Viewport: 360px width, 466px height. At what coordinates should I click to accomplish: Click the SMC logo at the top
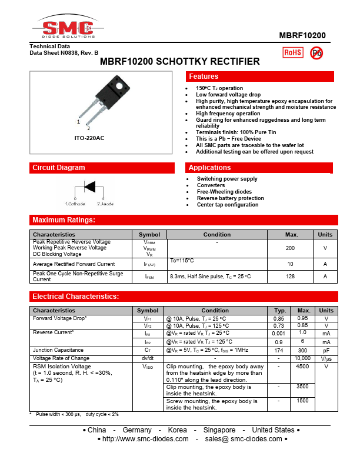pyautogui.click(x=65, y=27)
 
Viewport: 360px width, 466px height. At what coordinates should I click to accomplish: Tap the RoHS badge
pyautogui.click(x=292, y=52)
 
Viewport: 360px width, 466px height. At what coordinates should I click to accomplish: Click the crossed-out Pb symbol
pyautogui.click(x=316, y=52)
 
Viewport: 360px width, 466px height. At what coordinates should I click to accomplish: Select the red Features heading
pyautogui.click(x=204, y=76)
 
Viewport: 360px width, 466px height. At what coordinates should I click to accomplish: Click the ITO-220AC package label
pyautogui.click(x=89, y=138)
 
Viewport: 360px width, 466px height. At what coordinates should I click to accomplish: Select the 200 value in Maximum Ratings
pyautogui.click(x=290, y=248)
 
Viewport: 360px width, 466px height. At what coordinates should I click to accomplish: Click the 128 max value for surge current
pyautogui.click(x=290, y=276)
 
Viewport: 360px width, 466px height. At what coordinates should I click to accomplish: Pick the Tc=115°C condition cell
pyautogui.click(x=182, y=260)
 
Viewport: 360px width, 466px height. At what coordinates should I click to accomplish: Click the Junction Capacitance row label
pyautogui.click(x=58, y=350)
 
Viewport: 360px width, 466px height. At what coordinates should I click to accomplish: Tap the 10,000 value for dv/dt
pyautogui.click(x=302, y=358)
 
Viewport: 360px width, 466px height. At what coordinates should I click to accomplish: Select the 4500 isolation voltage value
pyautogui.click(x=302, y=367)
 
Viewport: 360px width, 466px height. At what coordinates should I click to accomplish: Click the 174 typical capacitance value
pyautogui.click(x=279, y=350)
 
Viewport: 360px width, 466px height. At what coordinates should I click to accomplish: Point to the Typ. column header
pyautogui.click(x=279, y=310)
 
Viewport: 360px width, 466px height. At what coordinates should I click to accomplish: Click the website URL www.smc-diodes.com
pyautogui.click(x=145, y=439)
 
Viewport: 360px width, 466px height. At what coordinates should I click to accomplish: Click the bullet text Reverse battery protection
pyautogui.click(x=230, y=198)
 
